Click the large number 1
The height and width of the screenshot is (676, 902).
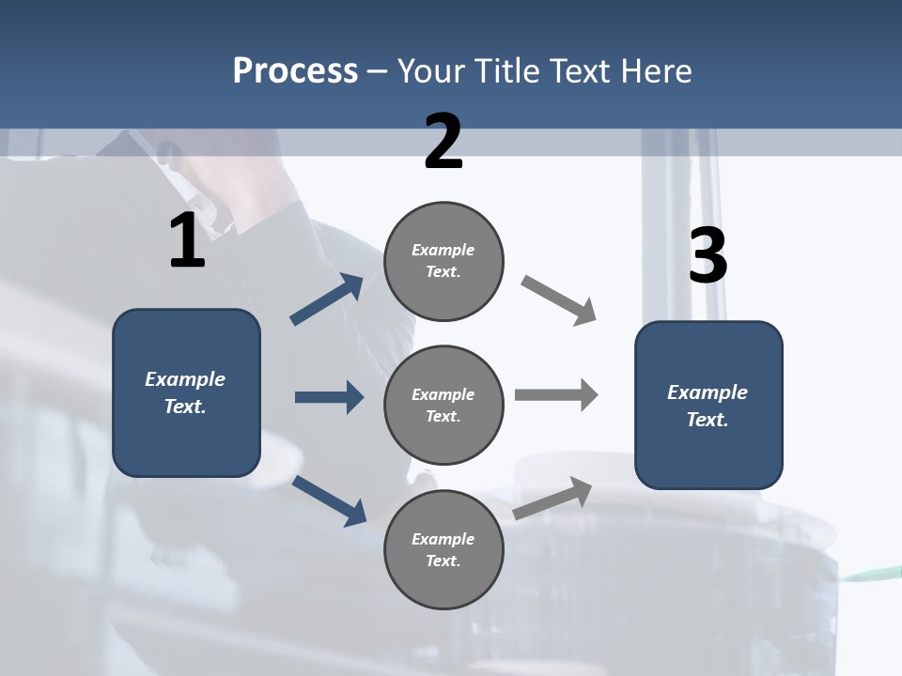tap(187, 241)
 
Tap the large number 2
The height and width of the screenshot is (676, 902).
tap(443, 142)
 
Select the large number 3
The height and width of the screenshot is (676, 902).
tap(708, 256)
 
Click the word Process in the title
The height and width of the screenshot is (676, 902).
tap(295, 70)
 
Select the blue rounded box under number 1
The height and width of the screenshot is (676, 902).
tap(186, 392)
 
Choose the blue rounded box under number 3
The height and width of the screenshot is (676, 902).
tap(708, 405)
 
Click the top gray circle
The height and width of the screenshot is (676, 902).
tap(443, 261)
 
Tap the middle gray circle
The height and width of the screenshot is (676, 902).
tap(443, 405)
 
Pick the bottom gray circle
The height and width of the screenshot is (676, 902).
tap(443, 549)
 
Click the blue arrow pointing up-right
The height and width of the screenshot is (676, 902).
tap(327, 300)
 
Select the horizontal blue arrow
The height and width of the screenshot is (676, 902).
tap(329, 397)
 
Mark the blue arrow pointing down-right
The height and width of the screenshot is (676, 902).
tap(330, 500)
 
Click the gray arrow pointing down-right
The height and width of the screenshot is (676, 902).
tap(558, 300)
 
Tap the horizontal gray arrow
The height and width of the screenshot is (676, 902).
tap(556, 395)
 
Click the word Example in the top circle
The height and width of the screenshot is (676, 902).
tap(443, 250)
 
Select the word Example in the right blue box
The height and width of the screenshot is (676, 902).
tap(708, 392)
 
